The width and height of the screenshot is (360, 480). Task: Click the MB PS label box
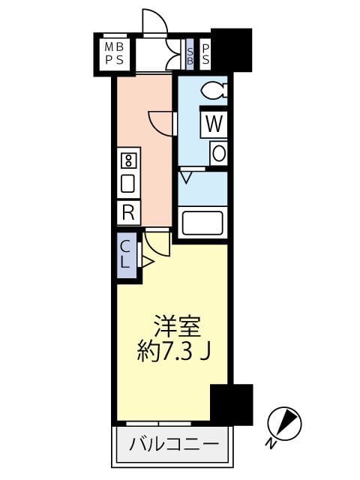(x=114, y=54)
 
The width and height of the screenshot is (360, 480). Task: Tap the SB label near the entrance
(x=190, y=54)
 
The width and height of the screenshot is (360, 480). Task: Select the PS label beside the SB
(x=205, y=54)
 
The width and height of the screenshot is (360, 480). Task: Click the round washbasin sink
(x=218, y=153)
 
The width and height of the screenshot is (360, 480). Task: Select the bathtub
(x=202, y=223)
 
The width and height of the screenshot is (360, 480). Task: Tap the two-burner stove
(x=127, y=160)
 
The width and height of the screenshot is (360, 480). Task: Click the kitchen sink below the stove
(x=127, y=183)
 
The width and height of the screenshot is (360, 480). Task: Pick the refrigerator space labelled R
(x=127, y=212)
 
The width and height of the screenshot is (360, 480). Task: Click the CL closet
(x=127, y=255)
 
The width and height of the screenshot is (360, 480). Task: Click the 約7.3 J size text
(x=173, y=352)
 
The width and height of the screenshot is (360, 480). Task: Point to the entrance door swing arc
(x=154, y=22)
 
